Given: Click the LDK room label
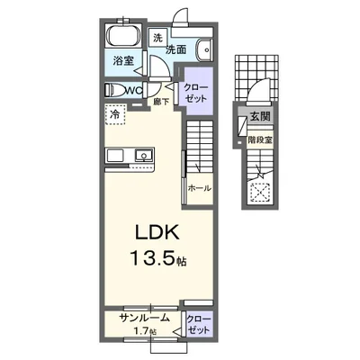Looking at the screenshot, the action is pyautogui.click(x=157, y=231).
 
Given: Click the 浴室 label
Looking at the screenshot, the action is pyautogui.click(x=123, y=61).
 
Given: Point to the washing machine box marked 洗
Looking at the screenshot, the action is pyautogui.click(x=157, y=38).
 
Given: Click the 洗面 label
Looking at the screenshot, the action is pyautogui.click(x=176, y=49).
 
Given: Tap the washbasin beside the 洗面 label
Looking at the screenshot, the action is pyautogui.click(x=204, y=49).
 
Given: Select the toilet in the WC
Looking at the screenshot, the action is pyautogui.click(x=115, y=90).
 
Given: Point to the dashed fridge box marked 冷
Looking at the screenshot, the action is pyautogui.click(x=115, y=114).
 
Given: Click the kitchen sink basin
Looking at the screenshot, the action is pyautogui.click(x=143, y=155).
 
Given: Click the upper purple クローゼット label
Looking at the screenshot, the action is pyautogui.click(x=195, y=93).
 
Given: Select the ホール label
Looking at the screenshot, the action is pyautogui.click(x=200, y=189).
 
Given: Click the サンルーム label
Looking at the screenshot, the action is pyautogui.click(x=144, y=318).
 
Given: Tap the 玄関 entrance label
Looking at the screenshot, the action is pyautogui.click(x=260, y=116).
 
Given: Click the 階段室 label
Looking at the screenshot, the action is pyautogui.click(x=260, y=139).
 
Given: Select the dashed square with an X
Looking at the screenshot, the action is pyautogui.click(x=260, y=193).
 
